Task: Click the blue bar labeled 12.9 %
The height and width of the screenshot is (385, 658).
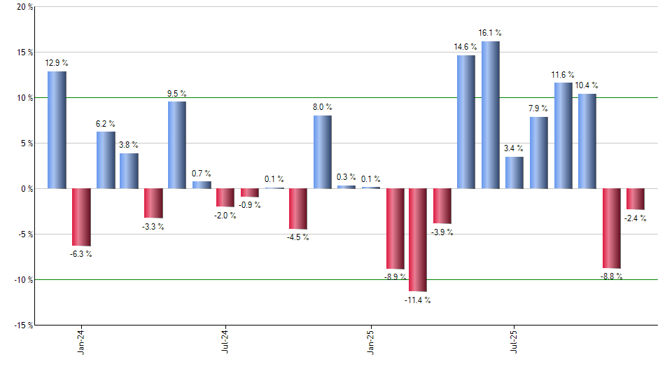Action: (x=57, y=130)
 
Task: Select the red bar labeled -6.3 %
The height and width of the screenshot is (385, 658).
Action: (x=81, y=217)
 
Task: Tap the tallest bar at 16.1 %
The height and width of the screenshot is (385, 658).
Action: (x=490, y=115)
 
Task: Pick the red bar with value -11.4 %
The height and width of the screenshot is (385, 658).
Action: (x=418, y=239)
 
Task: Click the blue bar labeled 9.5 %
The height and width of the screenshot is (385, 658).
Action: (x=177, y=145)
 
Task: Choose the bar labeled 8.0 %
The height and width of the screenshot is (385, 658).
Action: (x=322, y=152)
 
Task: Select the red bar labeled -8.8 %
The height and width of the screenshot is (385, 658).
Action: (x=611, y=228)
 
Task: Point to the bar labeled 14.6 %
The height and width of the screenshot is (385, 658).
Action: (x=466, y=122)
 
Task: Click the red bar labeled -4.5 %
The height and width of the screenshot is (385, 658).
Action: (x=298, y=209)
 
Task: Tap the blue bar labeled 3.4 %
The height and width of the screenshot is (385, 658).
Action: (x=514, y=173)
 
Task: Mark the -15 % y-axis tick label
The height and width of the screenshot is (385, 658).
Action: (x=22, y=325)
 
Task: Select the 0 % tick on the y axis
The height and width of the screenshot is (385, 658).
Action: (x=26, y=189)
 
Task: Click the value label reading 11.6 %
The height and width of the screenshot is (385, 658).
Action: (x=563, y=75)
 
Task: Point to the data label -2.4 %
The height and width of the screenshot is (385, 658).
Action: (x=635, y=218)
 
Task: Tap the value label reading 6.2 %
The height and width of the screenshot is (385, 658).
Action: (x=106, y=124)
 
